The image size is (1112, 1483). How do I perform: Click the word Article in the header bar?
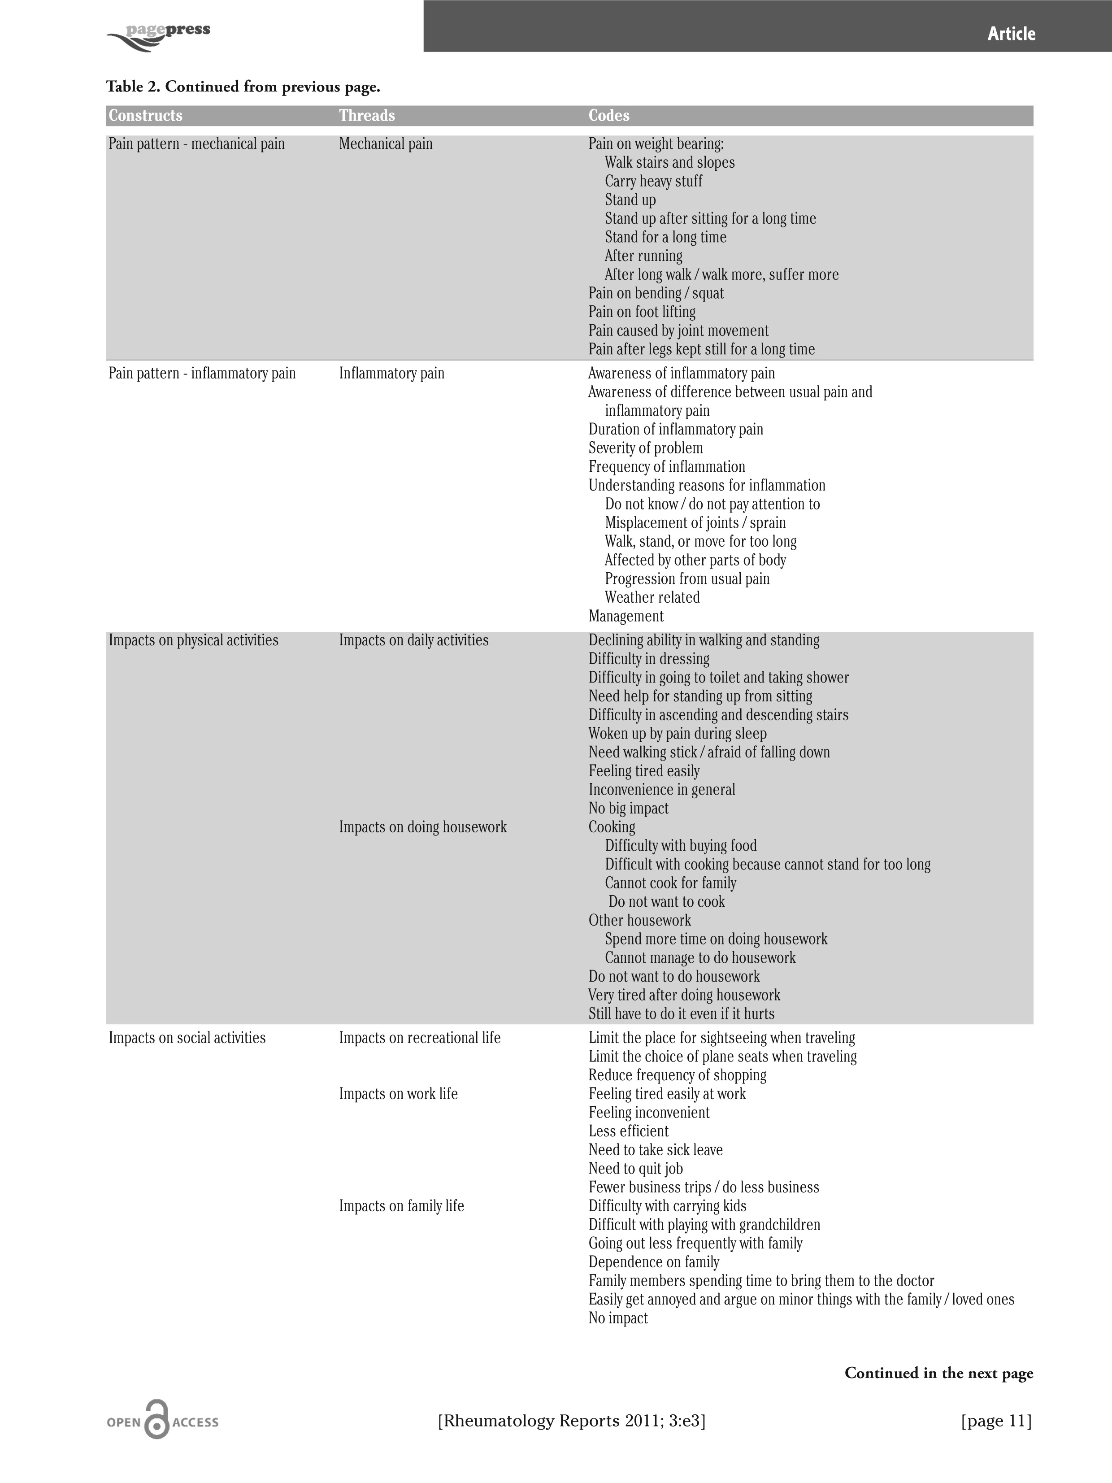click(x=1011, y=34)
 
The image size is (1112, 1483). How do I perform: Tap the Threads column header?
click(x=367, y=115)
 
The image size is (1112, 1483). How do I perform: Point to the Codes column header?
click(x=608, y=115)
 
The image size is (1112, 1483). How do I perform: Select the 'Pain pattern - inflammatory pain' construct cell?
click(x=202, y=374)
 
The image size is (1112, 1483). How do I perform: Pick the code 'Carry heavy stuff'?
click(x=654, y=181)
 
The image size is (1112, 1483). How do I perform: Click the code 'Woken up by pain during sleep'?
click(x=677, y=734)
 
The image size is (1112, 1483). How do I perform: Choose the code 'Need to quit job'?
click(x=635, y=1169)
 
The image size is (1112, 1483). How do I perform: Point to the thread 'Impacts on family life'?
click(x=401, y=1206)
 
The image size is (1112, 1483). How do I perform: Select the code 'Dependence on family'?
click(x=654, y=1262)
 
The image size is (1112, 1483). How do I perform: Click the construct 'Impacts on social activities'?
click(x=187, y=1038)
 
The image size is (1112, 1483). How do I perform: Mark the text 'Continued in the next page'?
click(x=938, y=1373)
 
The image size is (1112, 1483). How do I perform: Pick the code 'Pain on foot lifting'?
click(x=642, y=312)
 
